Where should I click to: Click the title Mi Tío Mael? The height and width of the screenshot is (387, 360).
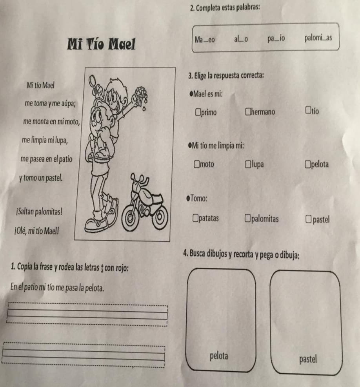101,44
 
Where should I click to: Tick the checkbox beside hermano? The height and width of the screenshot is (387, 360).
248,111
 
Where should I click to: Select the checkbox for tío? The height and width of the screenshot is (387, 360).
308,110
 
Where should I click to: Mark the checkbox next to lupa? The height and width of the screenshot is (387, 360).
248,164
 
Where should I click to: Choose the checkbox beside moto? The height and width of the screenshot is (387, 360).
197,164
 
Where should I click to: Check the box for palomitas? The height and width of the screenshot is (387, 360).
247,218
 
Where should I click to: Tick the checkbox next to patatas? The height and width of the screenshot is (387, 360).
195,218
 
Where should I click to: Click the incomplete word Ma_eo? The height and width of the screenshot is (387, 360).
205,40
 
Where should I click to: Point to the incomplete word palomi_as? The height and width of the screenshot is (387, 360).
318,38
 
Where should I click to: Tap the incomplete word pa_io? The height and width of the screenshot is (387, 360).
276,38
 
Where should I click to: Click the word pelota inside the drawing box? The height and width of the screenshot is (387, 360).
219,356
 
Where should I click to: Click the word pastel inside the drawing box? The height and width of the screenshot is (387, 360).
308,359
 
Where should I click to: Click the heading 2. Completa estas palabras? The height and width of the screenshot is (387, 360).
225,8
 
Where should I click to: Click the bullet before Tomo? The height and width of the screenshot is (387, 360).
188,198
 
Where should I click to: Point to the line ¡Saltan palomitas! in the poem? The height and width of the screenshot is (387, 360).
39,212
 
